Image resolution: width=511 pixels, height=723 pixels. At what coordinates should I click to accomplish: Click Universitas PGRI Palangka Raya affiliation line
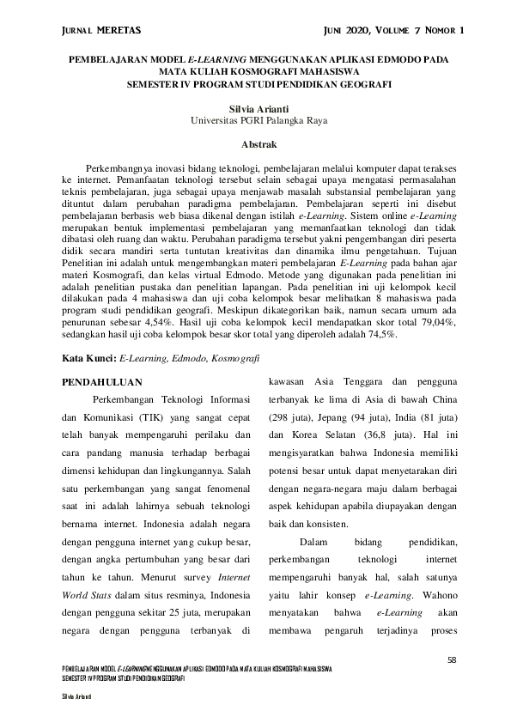(255, 122)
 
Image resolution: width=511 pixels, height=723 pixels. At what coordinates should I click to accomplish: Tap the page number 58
(453, 659)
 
